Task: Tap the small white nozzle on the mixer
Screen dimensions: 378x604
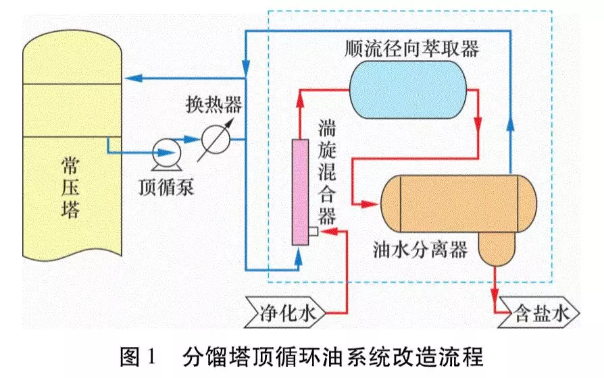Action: tap(313, 232)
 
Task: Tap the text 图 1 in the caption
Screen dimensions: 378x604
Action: tap(138, 356)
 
